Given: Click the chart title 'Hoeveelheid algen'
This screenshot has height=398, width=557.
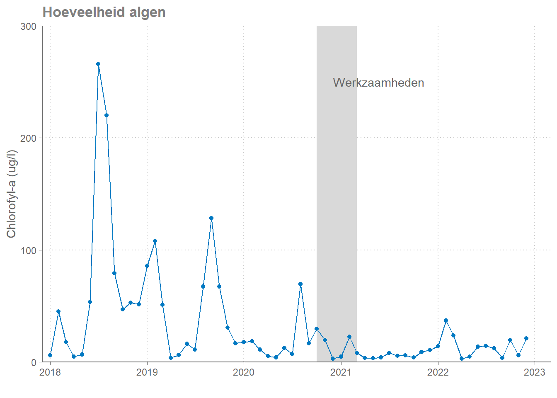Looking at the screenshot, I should (x=104, y=12).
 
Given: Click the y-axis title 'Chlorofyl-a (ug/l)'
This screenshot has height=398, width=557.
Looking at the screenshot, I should (x=11, y=194).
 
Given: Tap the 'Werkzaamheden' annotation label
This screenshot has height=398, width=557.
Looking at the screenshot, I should (x=378, y=83).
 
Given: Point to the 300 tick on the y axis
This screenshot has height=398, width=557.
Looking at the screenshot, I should (x=28, y=26).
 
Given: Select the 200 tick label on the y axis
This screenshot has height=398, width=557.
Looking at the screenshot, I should (x=28, y=138).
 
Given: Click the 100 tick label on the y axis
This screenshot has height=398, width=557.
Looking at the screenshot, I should (x=28, y=250).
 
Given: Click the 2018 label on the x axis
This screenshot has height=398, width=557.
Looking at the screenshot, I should (x=50, y=372).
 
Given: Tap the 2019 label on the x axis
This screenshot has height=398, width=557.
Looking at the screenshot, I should (x=147, y=372).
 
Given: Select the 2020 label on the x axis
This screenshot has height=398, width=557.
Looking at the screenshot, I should (x=244, y=372).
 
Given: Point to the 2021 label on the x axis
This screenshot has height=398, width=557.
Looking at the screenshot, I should (x=341, y=372).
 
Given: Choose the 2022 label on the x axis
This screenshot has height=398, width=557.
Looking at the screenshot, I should (x=438, y=372).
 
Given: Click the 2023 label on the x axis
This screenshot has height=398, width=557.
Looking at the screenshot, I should (x=535, y=372).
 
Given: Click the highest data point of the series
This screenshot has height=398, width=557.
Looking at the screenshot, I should (x=98, y=64).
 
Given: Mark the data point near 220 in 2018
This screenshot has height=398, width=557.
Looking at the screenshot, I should (x=107, y=115).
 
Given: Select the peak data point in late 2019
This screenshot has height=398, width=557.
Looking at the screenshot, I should (x=211, y=218).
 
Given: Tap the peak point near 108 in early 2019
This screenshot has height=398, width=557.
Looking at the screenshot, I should (x=155, y=241).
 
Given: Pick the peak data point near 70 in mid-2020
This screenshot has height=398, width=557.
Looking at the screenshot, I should (x=300, y=284).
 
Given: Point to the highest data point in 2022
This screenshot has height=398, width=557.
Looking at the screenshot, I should (x=446, y=320).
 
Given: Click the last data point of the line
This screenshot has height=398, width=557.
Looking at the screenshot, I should (x=526, y=338).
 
